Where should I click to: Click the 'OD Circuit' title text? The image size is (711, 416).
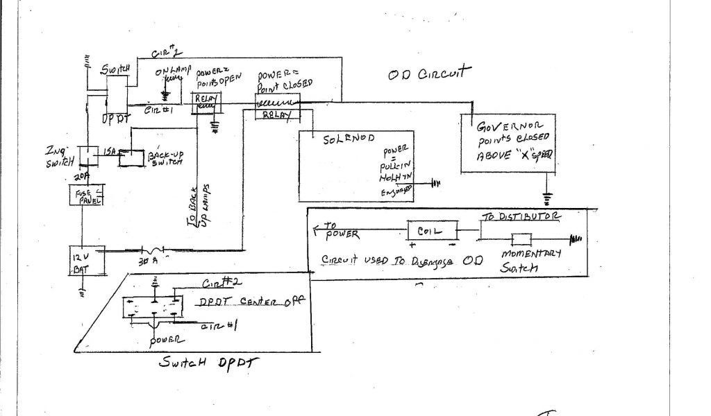[430, 73]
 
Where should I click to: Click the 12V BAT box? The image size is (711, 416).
[85, 261]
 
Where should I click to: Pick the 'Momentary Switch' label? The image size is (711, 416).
[531, 261]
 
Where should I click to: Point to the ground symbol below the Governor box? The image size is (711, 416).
[547, 199]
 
